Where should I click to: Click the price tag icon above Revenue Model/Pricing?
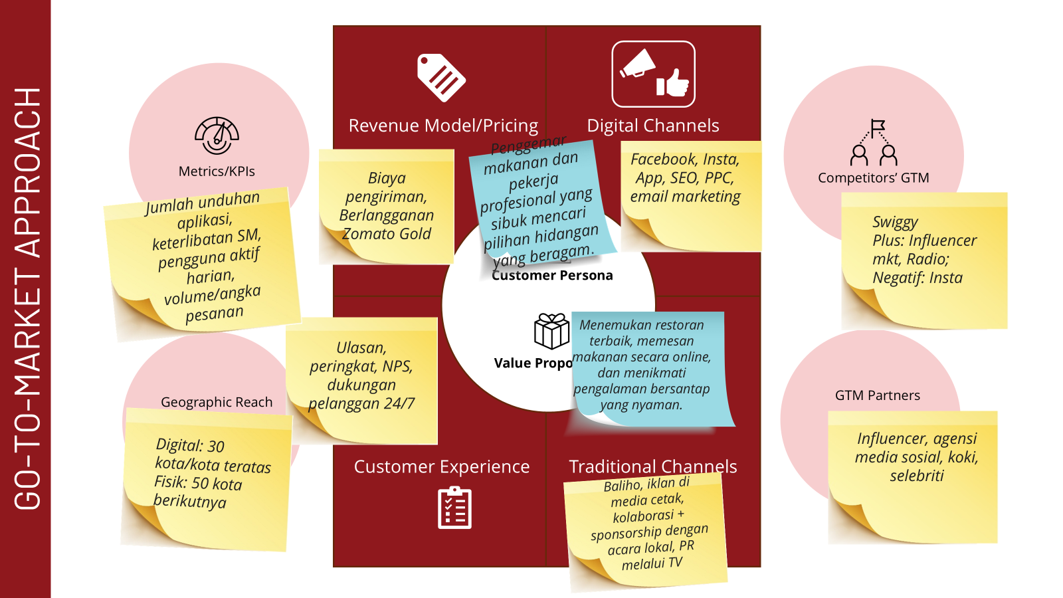click(x=441, y=78)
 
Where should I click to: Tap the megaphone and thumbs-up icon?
click(x=653, y=74)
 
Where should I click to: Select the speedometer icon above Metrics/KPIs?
click(x=217, y=136)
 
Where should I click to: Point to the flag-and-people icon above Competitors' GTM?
click(x=874, y=142)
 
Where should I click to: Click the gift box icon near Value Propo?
click(x=551, y=331)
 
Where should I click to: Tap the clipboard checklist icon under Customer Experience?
click(x=454, y=508)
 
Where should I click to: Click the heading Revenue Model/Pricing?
click(x=443, y=126)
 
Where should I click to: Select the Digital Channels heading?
click(x=652, y=126)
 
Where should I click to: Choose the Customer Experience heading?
click(x=441, y=466)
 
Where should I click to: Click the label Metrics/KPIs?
click(x=217, y=171)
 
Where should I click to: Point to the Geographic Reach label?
click(x=217, y=402)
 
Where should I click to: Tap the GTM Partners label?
click(x=877, y=395)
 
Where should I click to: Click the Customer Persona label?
click(x=552, y=276)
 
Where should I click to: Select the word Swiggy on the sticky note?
click(x=895, y=222)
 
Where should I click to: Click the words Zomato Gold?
click(x=386, y=234)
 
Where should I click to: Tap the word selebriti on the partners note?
click(x=916, y=476)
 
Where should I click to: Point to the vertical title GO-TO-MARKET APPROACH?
click(x=27, y=299)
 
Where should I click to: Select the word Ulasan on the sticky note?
click(x=361, y=348)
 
